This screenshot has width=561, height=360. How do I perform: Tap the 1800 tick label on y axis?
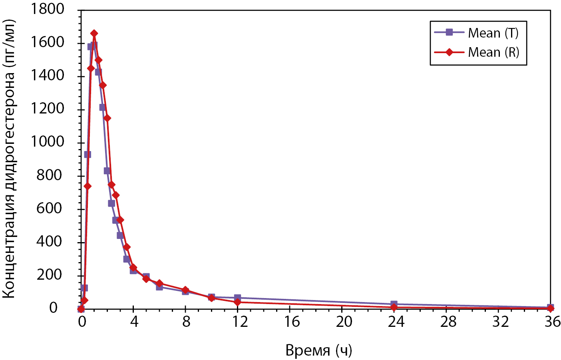click(48, 8)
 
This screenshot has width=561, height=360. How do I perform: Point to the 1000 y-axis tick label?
click(48, 142)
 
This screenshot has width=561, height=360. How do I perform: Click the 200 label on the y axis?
click(50, 274)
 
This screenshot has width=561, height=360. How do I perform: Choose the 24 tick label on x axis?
click(396, 322)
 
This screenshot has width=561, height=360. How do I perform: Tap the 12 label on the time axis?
click(240, 322)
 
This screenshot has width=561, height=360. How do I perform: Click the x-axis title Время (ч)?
click(318, 350)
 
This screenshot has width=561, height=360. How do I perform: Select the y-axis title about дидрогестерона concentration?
click(9, 159)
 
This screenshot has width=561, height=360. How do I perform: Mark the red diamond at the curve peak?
click(94, 34)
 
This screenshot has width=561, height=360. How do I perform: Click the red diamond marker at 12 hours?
click(238, 302)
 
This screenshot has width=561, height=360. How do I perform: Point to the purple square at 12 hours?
click(238, 298)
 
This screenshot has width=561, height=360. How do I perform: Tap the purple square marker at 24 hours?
click(394, 304)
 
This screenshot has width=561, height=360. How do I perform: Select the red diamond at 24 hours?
click(394, 307)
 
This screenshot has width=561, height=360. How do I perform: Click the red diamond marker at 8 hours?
click(185, 290)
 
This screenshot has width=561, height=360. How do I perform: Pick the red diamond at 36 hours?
click(551, 308)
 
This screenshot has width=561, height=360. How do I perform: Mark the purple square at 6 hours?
click(159, 287)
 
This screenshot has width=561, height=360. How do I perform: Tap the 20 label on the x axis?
click(344, 322)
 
